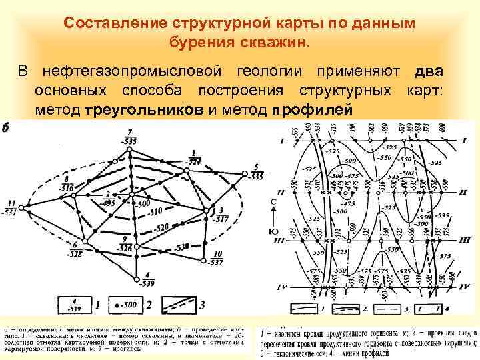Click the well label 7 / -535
click(x=130, y=137)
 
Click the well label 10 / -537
click(x=217, y=257)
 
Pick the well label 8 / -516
click(x=65, y=184)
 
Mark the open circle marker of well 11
click(x=21, y=208)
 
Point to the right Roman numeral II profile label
click(x=462, y=191)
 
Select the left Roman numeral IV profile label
click(x=281, y=287)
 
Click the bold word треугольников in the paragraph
click(x=146, y=109)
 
